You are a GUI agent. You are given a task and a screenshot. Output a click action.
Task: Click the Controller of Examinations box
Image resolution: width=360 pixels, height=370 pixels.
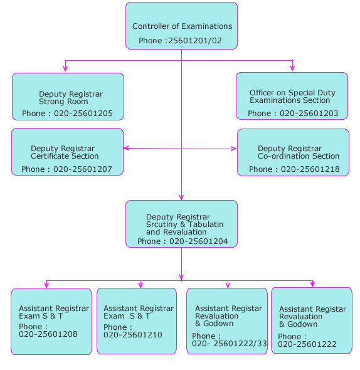click(x=181, y=26)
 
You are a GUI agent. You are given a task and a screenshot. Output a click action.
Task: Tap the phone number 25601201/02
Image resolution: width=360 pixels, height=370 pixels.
click(x=195, y=41)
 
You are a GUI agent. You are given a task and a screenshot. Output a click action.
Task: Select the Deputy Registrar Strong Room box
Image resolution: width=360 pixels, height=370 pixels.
click(x=68, y=97)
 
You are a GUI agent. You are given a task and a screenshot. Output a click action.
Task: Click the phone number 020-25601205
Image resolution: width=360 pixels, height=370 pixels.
click(x=83, y=114)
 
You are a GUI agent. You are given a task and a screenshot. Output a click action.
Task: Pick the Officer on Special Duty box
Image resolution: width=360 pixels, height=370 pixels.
click(x=292, y=96)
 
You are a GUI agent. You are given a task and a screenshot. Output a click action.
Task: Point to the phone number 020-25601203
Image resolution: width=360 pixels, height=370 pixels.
click(x=309, y=114)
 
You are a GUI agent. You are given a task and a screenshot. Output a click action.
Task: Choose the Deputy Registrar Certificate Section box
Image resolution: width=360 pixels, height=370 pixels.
click(x=67, y=152)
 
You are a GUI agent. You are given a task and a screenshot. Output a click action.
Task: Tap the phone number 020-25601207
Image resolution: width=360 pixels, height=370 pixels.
click(x=83, y=169)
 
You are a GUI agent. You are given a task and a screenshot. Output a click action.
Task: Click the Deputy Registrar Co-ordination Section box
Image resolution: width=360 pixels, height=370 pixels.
click(x=293, y=152)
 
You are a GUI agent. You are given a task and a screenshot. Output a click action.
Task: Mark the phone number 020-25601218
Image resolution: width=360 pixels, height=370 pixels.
click(x=310, y=169)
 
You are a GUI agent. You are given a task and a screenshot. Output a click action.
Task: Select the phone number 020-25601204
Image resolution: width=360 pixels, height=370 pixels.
click(x=199, y=241)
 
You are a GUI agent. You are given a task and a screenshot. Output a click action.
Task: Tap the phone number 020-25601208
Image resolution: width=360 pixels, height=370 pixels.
click(x=48, y=334)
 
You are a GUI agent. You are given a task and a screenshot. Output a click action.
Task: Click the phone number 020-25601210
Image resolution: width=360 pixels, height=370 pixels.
click(x=133, y=335)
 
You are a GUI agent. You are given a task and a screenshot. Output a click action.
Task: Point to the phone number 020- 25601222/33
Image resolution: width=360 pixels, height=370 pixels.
click(x=229, y=344)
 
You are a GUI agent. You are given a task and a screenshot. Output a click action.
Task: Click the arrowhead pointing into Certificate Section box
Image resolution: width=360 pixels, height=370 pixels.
click(x=126, y=148)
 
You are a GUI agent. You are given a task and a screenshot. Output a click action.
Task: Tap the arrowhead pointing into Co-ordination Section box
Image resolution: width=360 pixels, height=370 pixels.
click(x=234, y=149)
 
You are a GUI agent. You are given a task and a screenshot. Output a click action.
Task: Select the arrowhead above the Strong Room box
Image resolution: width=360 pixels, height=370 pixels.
click(x=65, y=68)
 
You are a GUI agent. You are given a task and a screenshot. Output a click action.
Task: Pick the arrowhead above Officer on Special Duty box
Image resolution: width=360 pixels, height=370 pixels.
click(x=292, y=68)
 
